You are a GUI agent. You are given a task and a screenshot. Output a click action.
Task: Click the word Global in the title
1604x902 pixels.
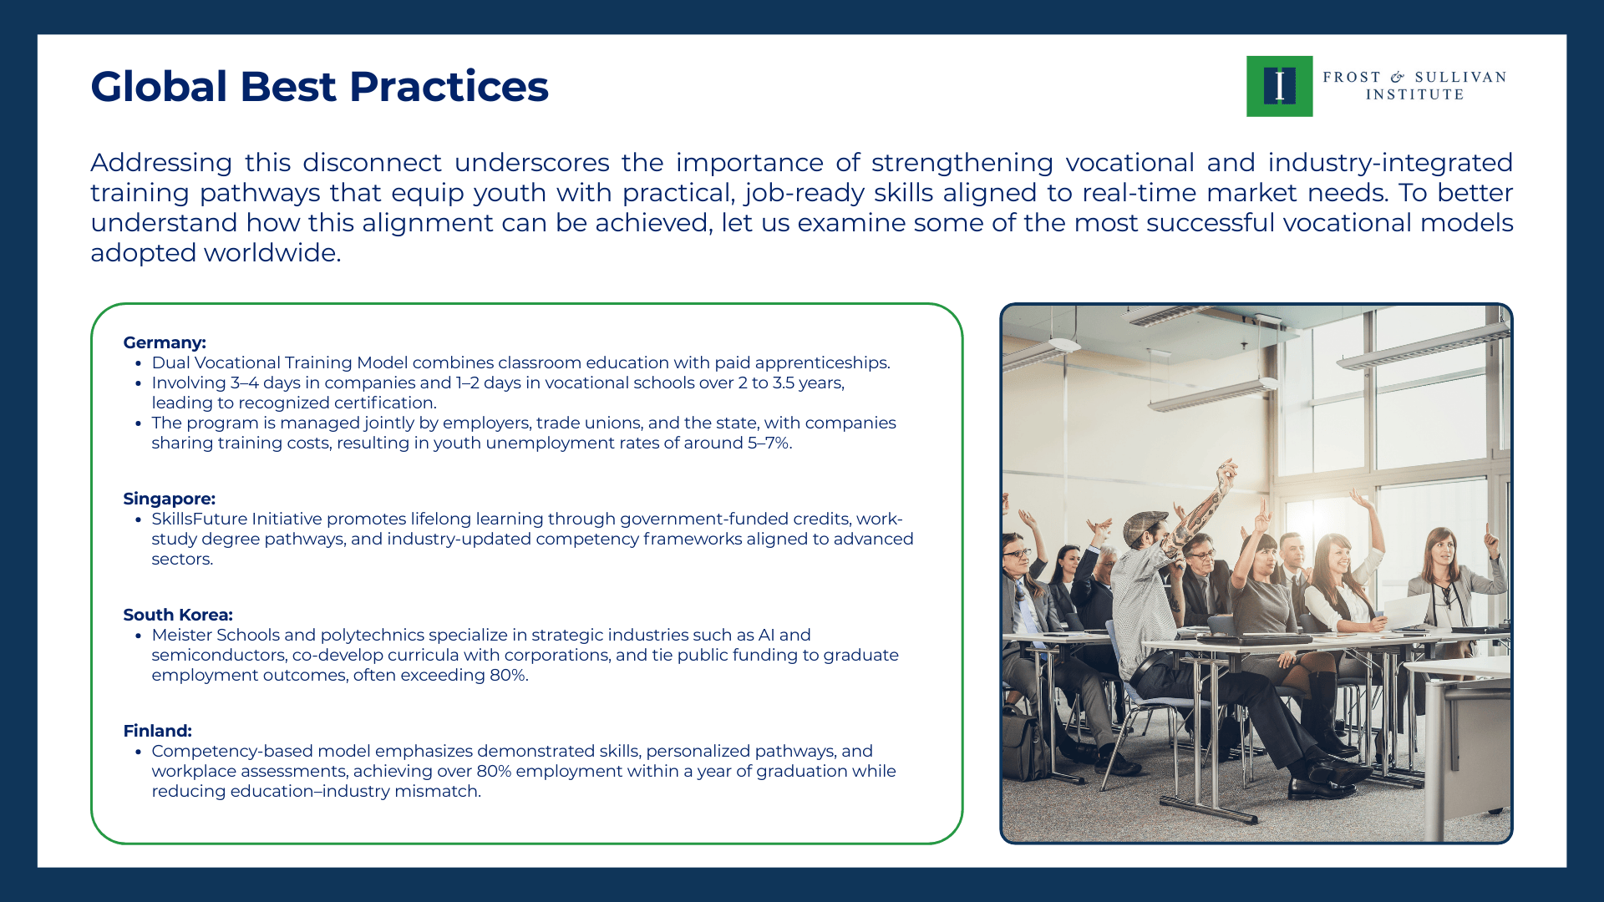point(159,87)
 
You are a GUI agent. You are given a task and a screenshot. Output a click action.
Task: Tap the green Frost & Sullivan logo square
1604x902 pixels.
point(1279,86)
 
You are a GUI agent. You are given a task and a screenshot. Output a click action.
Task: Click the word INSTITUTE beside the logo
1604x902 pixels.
point(1414,95)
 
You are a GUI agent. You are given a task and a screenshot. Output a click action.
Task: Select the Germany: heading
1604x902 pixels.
point(165,342)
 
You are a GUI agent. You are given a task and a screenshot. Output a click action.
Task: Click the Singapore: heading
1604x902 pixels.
point(169,499)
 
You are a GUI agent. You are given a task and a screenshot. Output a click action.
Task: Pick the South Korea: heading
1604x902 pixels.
point(177,615)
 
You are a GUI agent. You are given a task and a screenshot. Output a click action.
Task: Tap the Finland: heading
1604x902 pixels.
point(157,731)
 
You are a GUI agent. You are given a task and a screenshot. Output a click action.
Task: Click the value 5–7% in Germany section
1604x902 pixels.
point(769,443)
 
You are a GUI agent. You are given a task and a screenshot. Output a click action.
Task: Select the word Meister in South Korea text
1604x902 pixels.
point(180,635)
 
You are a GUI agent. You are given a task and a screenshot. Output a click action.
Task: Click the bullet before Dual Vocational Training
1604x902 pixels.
point(138,363)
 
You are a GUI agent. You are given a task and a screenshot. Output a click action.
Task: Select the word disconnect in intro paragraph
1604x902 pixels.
point(372,163)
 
